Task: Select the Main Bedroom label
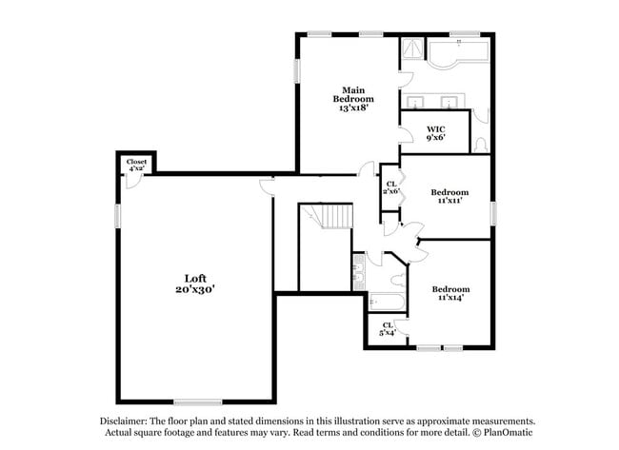352,94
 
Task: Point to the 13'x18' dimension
352,108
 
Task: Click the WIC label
435,128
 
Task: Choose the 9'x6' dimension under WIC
435,138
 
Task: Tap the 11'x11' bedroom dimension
449,201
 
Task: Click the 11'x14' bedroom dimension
449,299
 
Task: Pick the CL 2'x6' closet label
390,187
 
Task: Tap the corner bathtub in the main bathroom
456,59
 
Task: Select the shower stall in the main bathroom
412,51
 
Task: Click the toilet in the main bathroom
481,143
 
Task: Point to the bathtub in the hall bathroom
386,303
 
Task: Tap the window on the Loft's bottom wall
197,401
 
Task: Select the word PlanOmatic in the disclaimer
504,432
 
